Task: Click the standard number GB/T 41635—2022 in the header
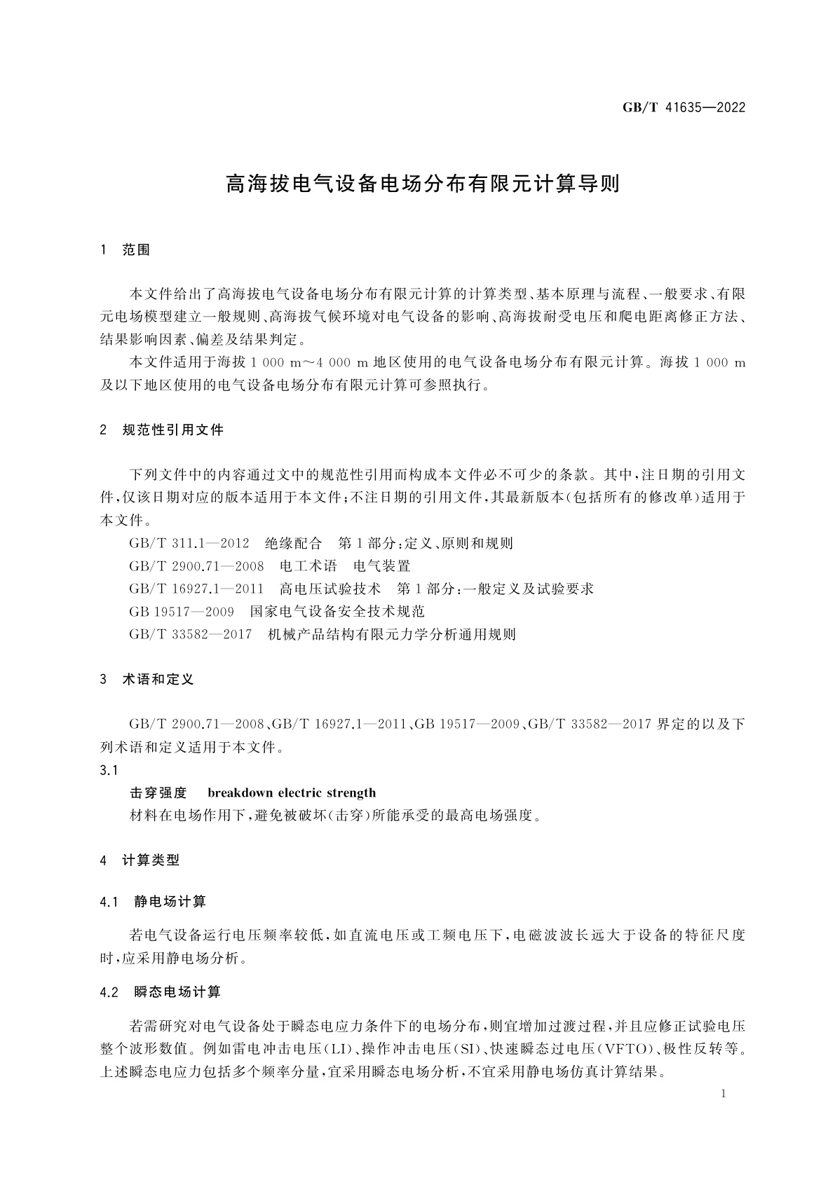point(684,108)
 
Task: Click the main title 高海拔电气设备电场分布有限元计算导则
point(423,184)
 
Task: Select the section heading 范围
point(136,250)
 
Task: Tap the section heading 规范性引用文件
point(172,430)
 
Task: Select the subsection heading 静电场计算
point(170,902)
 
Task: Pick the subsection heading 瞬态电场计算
point(177,992)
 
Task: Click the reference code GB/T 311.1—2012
point(189,543)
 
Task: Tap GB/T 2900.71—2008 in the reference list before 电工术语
point(196,566)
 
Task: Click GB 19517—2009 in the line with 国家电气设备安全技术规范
point(182,612)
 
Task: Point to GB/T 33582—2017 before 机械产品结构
point(191,635)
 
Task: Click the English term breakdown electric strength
point(292,793)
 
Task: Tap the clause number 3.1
point(109,771)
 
